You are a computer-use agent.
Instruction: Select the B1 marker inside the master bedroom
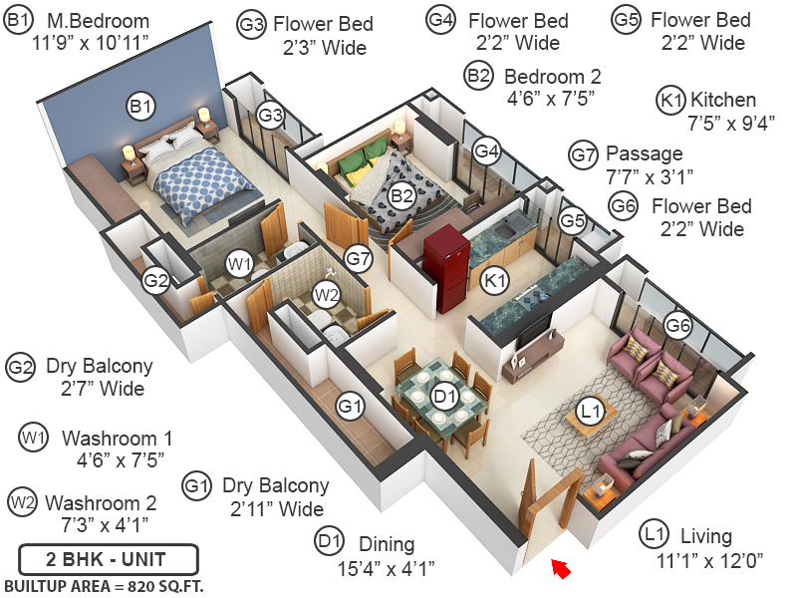[x=140, y=106]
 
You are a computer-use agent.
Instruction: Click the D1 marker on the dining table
[x=444, y=396]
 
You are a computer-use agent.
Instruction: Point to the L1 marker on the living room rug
[x=592, y=410]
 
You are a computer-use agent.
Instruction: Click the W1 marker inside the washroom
[x=238, y=264]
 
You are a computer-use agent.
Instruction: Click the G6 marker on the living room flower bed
[x=678, y=325]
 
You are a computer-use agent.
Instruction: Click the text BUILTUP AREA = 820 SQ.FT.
[x=104, y=586]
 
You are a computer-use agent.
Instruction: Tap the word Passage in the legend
[x=644, y=153]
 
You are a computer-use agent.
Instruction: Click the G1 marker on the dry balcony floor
[x=349, y=406]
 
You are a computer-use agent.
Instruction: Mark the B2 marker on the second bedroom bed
[x=401, y=195]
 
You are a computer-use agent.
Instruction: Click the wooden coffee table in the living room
[x=585, y=423]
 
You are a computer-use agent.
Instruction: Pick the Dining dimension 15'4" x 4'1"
[x=387, y=569]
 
